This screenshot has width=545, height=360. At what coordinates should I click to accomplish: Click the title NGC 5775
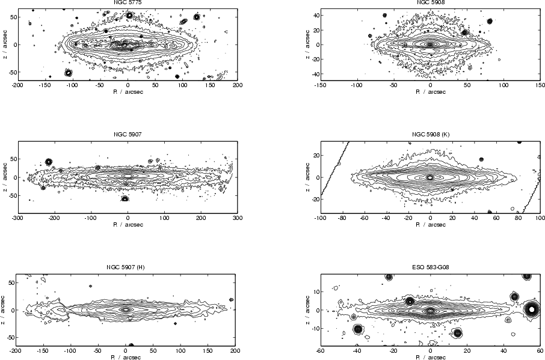click(128, 3)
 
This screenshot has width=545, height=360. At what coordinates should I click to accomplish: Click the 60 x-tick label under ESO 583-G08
click(540, 350)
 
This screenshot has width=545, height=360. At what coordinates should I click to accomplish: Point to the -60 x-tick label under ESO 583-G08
click(320, 350)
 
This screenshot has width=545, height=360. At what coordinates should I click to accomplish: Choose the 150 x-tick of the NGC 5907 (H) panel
click(208, 350)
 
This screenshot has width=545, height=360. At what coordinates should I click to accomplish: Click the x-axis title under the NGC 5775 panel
click(128, 93)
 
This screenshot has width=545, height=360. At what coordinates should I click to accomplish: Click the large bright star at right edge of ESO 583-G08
click(531, 310)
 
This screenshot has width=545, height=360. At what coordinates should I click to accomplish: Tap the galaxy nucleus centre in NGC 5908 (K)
click(430, 177)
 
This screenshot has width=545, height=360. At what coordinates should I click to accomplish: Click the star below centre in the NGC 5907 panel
click(125, 198)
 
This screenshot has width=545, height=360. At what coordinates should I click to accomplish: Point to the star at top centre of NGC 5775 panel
click(129, 14)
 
